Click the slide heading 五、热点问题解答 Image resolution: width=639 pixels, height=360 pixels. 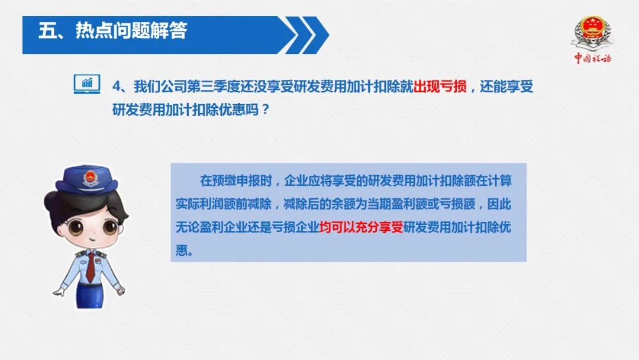click(113, 31)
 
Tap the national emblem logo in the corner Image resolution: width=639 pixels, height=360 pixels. click(593, 33)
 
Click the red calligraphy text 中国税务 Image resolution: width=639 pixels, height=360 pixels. click(593, 58)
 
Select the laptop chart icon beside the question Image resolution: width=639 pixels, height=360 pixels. click(87, 84)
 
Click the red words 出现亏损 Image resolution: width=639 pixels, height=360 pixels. click(440, 86)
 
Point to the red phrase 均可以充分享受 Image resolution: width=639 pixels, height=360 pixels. click(361, 227)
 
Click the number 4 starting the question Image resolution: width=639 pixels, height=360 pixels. click(117, 87)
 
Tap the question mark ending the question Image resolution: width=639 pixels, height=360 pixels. click(266, 110)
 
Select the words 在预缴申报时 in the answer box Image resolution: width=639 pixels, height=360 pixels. click(236, 180)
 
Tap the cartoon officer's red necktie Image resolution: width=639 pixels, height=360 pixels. click(90, 268)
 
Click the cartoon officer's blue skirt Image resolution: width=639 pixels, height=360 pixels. click(90, 295)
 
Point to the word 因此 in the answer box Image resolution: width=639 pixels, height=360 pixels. click(499, 204)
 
